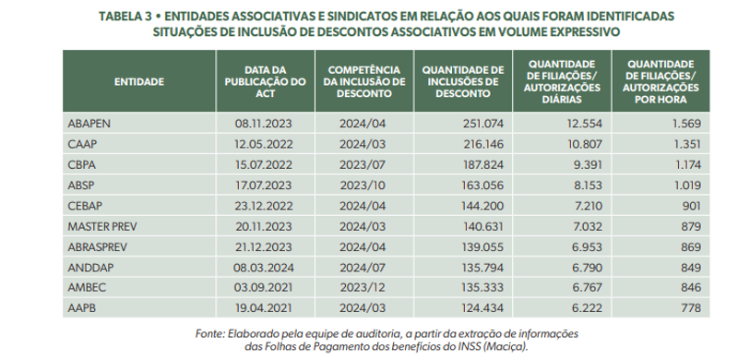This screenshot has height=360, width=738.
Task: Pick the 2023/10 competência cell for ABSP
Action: [x=360, y=185]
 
